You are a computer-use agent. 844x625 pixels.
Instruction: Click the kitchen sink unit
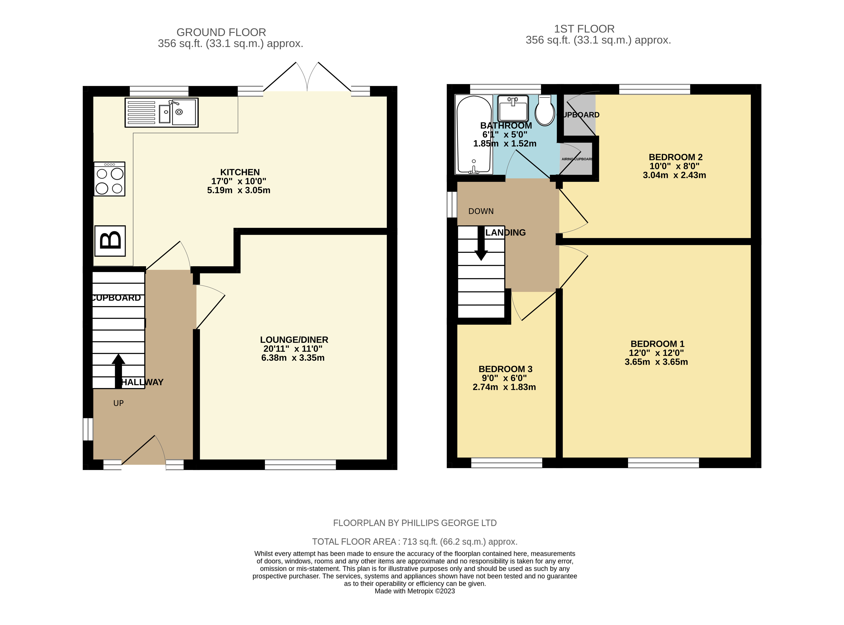tap(162, 112)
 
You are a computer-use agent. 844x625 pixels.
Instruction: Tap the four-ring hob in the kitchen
tap(109, 179)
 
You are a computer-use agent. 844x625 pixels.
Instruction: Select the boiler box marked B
tap(110, 241)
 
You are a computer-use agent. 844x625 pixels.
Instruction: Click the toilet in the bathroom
tap(545, 110)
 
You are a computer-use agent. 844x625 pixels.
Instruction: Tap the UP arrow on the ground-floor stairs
tap(119, 371)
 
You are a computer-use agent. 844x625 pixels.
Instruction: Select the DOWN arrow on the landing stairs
tap(481, 243)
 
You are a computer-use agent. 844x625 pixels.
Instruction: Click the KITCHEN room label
tap(240, 172)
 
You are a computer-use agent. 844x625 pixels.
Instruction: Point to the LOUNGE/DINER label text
tap(294, 340)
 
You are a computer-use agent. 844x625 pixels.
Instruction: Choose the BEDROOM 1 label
tap(657, 344)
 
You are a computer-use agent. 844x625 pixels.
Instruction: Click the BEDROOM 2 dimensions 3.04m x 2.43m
tap(674, 175)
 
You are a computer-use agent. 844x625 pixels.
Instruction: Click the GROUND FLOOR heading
tap(221, 32)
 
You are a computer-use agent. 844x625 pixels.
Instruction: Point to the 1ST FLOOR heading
tap(584, 29)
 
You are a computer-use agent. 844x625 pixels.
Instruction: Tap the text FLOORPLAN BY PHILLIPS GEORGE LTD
tap(415, 523)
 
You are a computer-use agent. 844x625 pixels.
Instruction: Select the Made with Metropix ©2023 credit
tap(415, 591)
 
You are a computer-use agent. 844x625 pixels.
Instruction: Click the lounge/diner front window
tap(300, 465)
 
